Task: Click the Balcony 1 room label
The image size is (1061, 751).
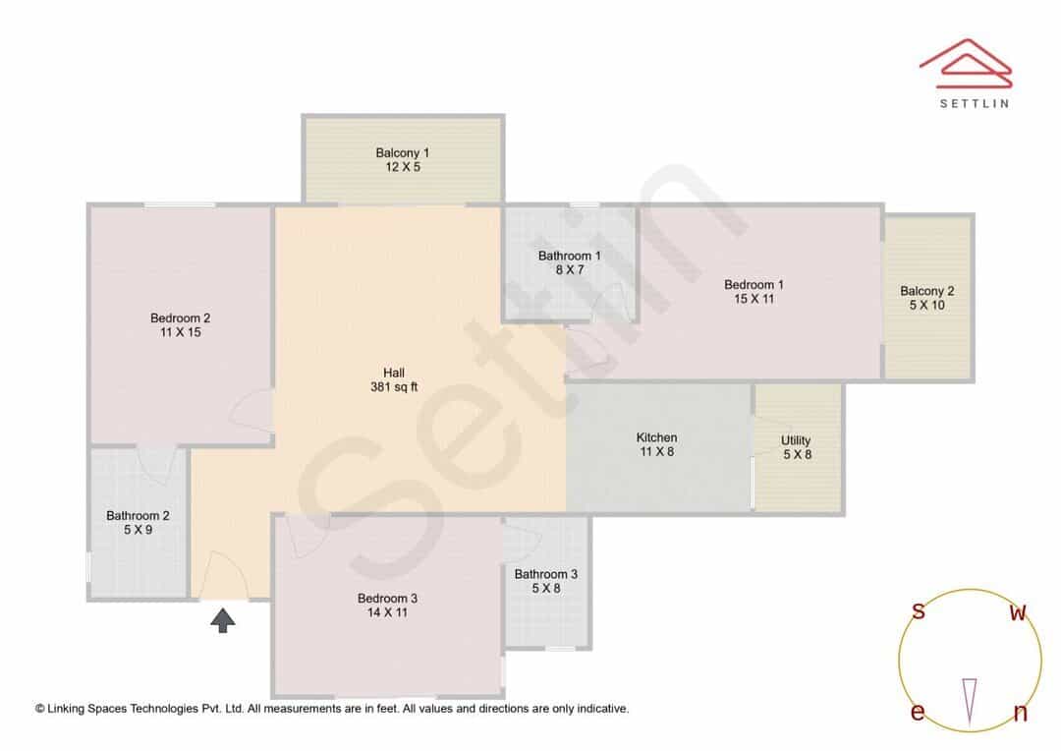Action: (403, 160)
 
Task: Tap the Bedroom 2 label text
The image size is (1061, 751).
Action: (180, 325)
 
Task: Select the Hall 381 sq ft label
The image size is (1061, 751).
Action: (394, 379)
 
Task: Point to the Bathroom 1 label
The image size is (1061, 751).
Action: (570, 262)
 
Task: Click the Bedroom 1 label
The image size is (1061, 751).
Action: (754, 292)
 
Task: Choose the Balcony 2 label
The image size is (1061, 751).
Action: (927, 298)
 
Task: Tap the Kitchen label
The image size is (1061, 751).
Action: (656, 445)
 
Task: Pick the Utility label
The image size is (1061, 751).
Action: (797, 447)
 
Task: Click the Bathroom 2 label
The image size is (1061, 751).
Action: (139, 523)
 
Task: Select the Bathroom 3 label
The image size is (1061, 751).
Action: (546, 582)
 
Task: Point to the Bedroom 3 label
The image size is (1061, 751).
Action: (388, 606)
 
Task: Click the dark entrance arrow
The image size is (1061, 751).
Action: (223, 620)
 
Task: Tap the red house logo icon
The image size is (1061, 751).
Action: (966, 64)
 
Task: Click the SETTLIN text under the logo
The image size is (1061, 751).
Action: (975, 103)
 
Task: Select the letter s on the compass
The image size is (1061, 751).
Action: (919, 610)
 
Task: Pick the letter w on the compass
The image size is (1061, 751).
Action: (1018, 612)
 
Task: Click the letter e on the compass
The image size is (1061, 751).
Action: (918, 713)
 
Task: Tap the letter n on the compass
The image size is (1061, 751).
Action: (1021, 713)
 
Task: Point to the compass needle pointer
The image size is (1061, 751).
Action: (970, 702)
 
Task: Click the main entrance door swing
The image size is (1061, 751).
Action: (223, 576)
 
